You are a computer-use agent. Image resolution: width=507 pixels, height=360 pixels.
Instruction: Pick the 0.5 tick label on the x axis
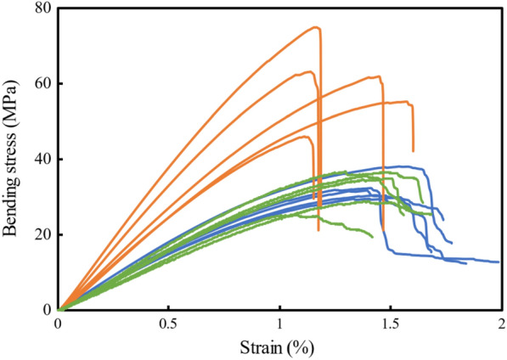coord(168,323)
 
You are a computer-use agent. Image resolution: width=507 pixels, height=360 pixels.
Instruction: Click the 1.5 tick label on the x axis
coord(390,323)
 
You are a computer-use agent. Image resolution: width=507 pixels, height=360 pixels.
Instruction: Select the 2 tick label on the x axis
coord(500,323)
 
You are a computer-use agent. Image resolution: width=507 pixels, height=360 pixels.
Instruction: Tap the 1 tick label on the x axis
coord(279,323)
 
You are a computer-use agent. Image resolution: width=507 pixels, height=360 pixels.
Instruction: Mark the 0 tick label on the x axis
coord(58,323)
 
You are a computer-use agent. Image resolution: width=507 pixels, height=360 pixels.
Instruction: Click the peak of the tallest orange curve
coord(316,27)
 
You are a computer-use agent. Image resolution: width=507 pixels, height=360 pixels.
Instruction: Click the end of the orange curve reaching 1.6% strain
coord(414,150)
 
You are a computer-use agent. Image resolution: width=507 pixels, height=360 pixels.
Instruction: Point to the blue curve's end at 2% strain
coord(499,262)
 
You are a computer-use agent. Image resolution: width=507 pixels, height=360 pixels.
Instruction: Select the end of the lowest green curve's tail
coord(372,236)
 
